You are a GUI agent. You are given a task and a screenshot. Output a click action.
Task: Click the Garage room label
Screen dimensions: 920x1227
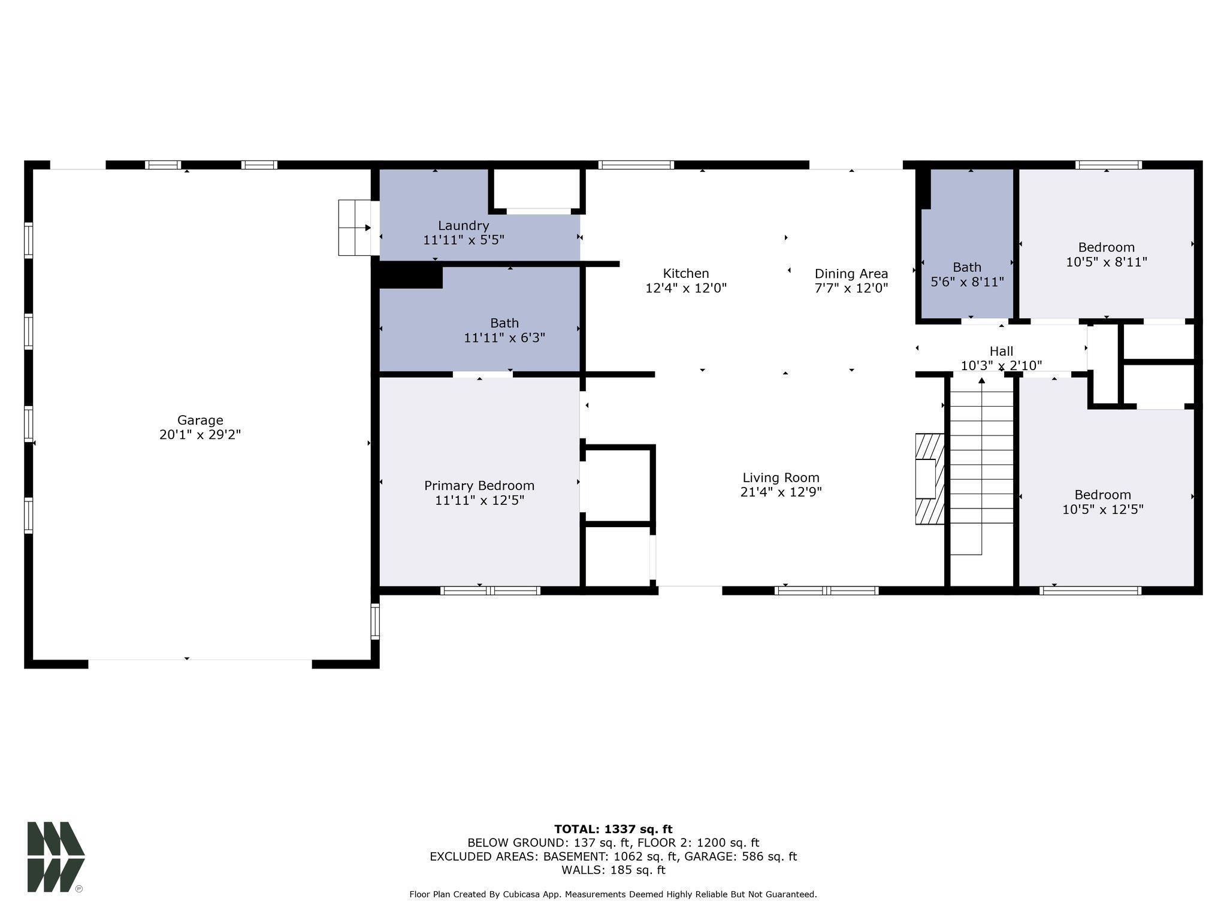pos(200,420)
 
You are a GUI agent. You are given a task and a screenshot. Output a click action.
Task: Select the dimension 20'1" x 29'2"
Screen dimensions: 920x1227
pos(200,435)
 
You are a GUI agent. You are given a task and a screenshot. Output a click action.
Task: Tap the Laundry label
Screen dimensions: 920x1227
pos(463,226)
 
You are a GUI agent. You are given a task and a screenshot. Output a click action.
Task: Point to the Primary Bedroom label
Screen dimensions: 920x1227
pos(479,486)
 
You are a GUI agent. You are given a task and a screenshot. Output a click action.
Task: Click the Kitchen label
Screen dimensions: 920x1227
pos(686,274)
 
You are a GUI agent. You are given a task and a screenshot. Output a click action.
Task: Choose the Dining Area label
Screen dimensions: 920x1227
pos(851,274)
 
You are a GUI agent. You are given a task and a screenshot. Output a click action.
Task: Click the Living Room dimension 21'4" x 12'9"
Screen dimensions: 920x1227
pos(781,492)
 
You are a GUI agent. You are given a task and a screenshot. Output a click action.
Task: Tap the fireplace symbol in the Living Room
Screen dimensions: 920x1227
pos(929,479)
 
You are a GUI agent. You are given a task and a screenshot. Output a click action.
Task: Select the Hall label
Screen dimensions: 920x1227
pos(1001,352)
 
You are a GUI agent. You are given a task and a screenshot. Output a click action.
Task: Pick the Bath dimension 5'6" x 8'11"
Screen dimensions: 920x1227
pos(967,282)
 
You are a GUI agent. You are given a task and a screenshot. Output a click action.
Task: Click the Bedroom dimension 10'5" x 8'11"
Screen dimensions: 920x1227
pos(1106,262)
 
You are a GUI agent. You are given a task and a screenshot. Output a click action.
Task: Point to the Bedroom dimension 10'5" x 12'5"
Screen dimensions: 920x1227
pos(1102,510)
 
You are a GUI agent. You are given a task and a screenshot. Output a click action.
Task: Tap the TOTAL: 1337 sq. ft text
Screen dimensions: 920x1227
pos(613,829)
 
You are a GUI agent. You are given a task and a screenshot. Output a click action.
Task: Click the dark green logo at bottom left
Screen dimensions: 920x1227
pos(55,856)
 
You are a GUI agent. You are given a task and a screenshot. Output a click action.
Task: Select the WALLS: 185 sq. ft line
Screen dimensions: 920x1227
pos(613,870)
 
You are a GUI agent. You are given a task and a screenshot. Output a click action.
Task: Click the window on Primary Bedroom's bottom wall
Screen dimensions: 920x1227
pos(490,591)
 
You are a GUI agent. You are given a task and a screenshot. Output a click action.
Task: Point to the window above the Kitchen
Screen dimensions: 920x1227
pos(636,165)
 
